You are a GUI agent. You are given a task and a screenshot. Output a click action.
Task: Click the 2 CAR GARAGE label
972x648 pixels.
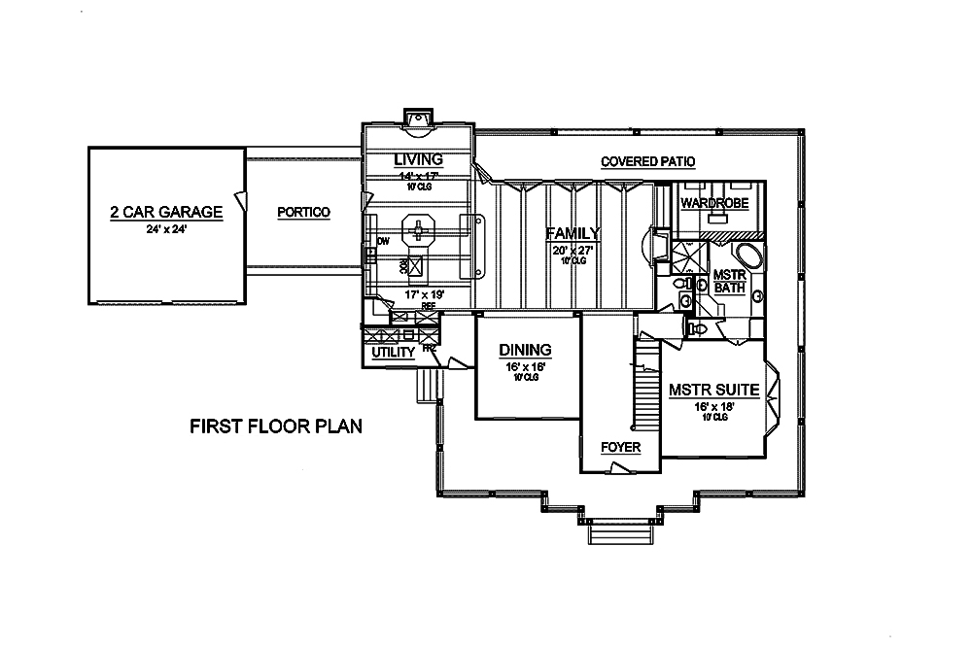click(x=166, y=212)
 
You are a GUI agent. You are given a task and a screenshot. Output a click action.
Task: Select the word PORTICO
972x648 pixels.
click(x=303, y=212)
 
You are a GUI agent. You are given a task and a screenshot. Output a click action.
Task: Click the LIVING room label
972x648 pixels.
click(x=419, y=159)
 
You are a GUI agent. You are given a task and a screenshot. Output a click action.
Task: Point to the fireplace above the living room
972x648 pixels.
click(x=419, y=119)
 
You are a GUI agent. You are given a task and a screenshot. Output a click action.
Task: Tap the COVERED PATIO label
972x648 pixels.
click(x=647, y=161)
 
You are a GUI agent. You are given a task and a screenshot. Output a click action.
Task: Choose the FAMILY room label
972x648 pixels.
click(x=573, y=233)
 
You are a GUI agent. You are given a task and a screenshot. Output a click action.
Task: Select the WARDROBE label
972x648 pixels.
click(x=712, y=204)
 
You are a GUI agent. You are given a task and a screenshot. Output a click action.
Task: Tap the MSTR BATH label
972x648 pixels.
click(x=729, y=282)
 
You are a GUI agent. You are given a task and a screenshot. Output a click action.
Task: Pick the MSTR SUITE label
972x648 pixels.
click(x=713, y=391)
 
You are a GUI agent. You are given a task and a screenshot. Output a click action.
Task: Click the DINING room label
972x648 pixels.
click(x=525, y=350)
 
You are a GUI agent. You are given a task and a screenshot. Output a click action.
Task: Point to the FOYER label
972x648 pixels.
click(x=620, y=447)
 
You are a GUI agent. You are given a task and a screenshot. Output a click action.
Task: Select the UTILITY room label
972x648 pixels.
click(x=394, y=352)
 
